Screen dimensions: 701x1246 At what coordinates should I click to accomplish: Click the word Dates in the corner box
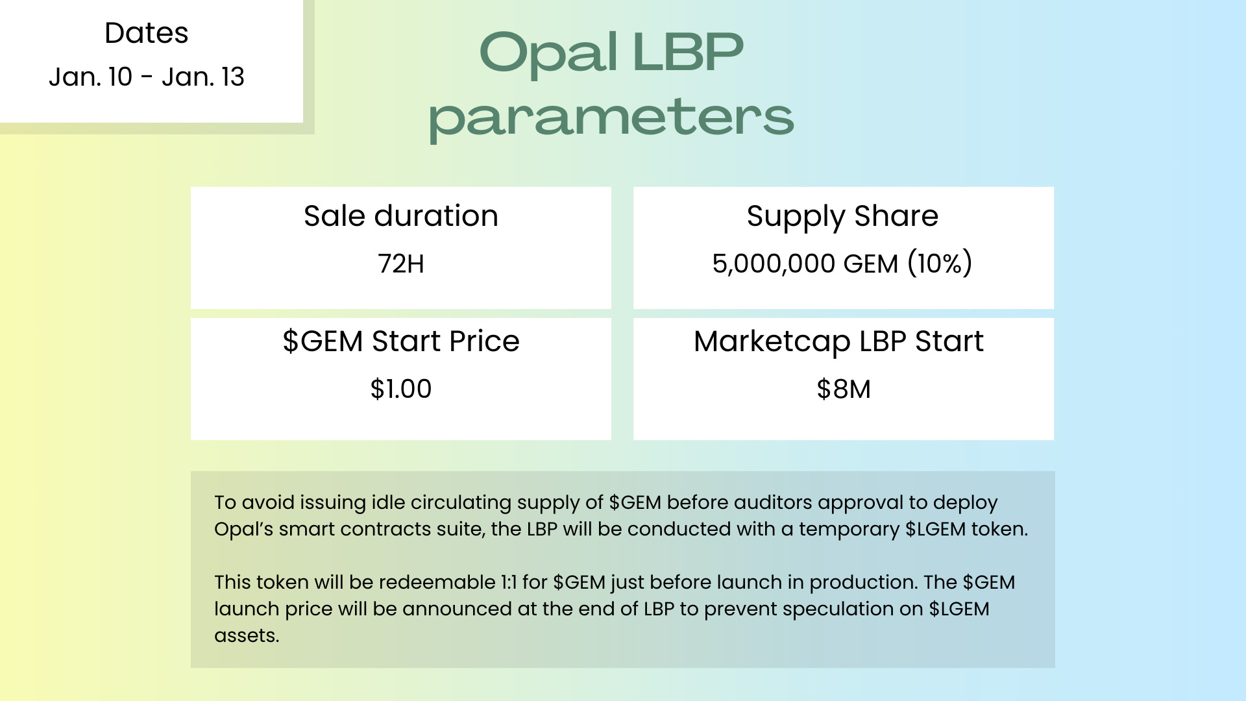pos(146,33)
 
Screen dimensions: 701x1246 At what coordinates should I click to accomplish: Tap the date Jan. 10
pos(90,77)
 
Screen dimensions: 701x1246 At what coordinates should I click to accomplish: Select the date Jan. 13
pos(203,77)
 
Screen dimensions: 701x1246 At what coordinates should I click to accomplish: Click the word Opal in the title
pos(548,53)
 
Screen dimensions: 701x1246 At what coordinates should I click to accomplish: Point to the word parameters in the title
pos(611,117)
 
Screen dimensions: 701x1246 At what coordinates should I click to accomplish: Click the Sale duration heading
pos(401,216)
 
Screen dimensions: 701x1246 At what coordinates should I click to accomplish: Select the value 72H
pos(401,264)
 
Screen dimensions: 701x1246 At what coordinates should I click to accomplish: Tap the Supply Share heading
pos(842,216)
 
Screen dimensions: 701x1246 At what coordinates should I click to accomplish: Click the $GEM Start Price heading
pos(401,341)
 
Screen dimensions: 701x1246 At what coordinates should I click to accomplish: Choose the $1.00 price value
pos(401,389)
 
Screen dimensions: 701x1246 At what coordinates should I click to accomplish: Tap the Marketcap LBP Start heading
pos(838,341)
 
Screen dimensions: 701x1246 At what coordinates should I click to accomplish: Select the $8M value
pos(844,389)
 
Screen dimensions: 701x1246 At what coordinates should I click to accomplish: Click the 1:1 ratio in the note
pos(509,582)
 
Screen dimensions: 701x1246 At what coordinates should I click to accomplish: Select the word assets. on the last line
pos(247,635)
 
